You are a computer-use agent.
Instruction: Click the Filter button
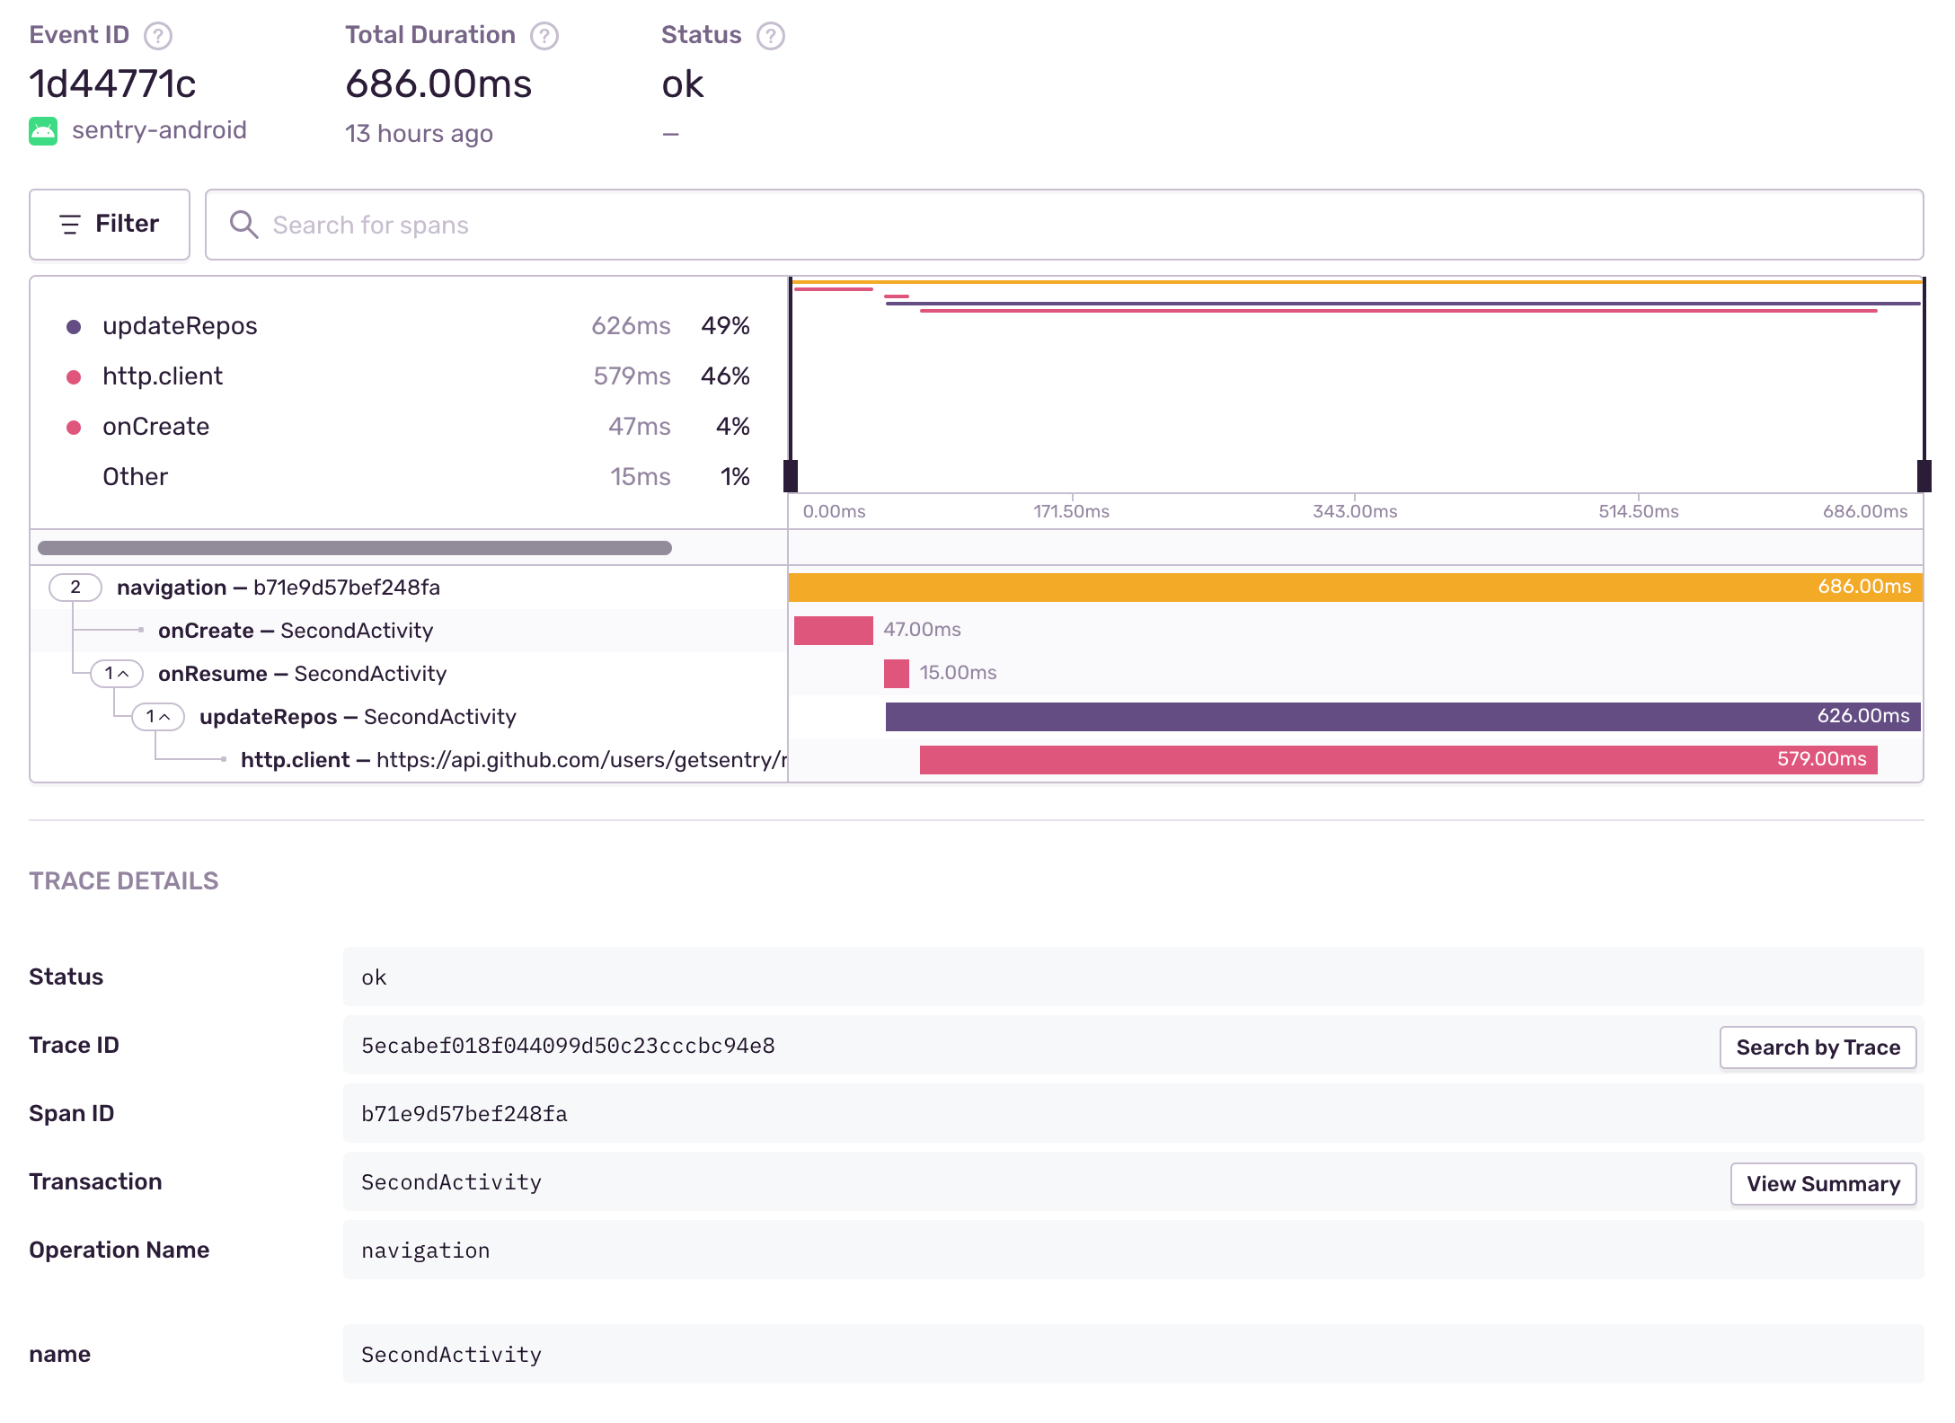coord(110,224)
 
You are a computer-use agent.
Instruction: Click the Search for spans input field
coord(1064,225)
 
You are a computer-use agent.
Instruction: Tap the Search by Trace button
coord(1818,1047)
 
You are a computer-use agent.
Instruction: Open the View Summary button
coord(1823,1184)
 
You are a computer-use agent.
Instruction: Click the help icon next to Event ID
coord(158,36)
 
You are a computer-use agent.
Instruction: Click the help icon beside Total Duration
coord(544,36)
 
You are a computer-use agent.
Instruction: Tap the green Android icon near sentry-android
coord(43,131)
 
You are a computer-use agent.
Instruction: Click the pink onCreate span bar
coord(833,631)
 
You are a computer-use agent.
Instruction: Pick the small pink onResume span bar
coord(896,674)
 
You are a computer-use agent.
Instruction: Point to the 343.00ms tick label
coord(1355,511)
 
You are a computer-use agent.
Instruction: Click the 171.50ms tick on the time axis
coord(1071,511)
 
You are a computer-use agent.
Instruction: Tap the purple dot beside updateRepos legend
coord(74,327)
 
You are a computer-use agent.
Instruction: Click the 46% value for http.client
coord(725,376)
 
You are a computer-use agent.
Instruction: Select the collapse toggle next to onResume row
coord(117,674)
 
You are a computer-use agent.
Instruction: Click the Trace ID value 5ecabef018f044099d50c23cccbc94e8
coord(568,1046)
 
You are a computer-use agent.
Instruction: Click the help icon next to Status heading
coord(770,36)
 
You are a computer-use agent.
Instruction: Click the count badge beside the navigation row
coord(75,588)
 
